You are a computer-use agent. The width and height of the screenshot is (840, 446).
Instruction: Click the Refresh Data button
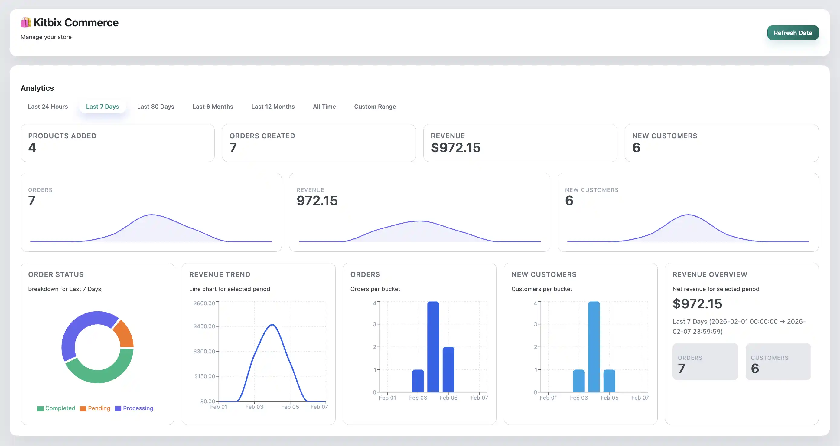(x=793, y=33)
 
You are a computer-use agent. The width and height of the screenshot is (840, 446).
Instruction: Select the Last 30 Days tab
(x=155, y=107)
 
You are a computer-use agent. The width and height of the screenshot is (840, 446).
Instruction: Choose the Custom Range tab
(x=375, y=107)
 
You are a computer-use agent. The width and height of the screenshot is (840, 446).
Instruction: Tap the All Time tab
(x=324, y=107)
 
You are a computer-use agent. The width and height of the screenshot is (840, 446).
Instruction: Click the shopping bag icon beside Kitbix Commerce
(x=26, y=22)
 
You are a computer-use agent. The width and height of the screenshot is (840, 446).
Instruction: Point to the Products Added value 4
(x=32, y=147)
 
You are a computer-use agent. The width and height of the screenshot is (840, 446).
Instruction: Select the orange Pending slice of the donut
(x=124, y=333)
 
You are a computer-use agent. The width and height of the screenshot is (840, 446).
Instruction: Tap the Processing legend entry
(x=134, y=408)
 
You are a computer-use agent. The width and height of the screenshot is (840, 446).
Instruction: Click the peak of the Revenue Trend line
(x=272, y=325)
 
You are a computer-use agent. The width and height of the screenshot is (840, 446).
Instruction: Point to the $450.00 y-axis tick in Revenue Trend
(x=204, y=326)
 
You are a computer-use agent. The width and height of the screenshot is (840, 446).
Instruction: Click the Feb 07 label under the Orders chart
(x=479, y=398)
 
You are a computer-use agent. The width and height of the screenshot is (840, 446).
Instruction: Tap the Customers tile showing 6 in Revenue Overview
(x=778, y=361)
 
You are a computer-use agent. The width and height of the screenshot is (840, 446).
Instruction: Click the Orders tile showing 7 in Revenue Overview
(x=705, y=361)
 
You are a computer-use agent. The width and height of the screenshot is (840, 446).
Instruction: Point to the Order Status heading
(x=56, y=274)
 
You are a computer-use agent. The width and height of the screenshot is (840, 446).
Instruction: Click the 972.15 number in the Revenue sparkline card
(x=317, y=200)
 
